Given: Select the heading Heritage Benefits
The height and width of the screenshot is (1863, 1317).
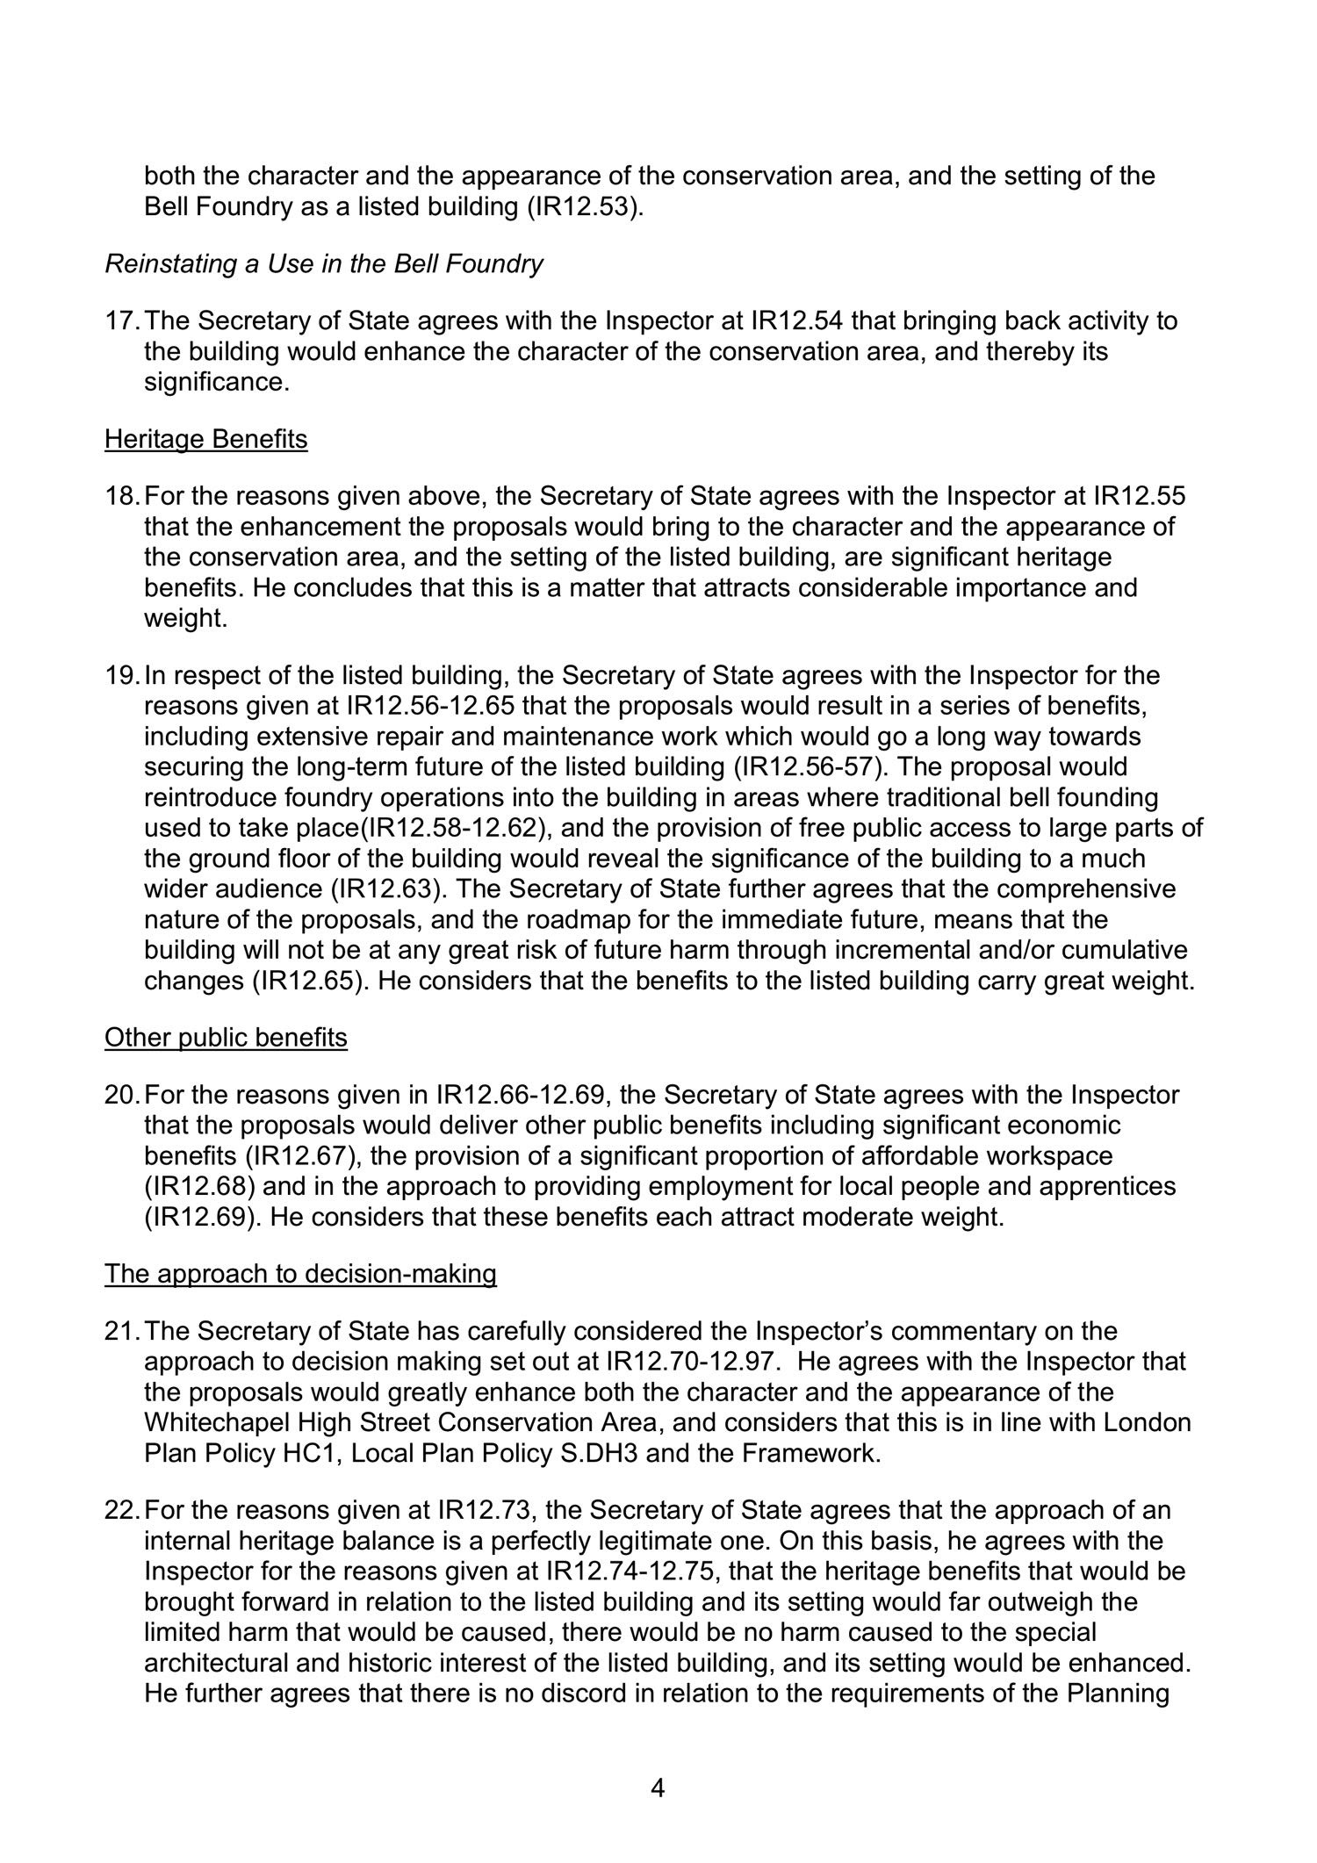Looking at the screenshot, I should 206,439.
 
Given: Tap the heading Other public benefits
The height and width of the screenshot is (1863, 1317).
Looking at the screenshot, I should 226,1038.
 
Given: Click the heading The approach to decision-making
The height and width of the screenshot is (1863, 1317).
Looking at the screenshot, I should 300,1274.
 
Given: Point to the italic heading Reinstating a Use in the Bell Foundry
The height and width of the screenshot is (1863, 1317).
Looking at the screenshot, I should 324,264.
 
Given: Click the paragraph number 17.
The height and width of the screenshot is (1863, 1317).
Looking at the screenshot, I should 121,321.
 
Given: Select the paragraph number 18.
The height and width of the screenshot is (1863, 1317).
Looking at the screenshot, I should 121,497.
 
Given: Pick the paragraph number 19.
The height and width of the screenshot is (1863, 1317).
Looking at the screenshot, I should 121,676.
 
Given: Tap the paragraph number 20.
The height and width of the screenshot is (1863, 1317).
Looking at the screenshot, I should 121,1096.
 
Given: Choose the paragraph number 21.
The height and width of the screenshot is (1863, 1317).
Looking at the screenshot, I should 121,1332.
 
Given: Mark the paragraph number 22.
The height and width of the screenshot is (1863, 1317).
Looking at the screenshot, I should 121,1511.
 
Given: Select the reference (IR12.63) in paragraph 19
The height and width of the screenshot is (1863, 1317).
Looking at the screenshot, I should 387,889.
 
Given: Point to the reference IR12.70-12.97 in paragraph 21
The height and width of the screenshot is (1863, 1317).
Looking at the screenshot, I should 691,1362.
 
